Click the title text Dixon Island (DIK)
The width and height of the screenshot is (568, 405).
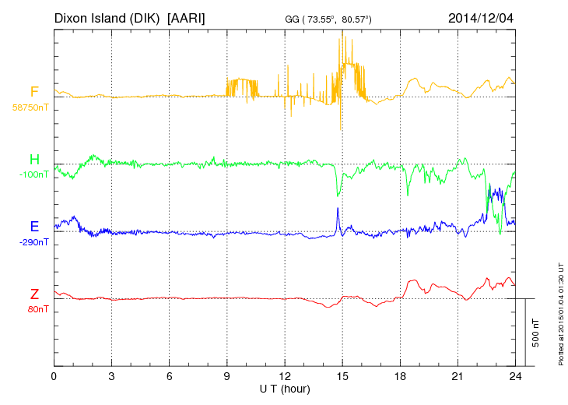107,17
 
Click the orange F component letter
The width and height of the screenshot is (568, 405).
34,92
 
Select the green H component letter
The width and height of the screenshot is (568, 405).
34,160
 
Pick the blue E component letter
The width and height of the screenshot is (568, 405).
34,227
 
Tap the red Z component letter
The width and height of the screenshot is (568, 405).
34,294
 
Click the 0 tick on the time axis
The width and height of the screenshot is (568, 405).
54,376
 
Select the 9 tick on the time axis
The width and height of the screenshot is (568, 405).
227,376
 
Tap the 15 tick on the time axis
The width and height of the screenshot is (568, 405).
342,376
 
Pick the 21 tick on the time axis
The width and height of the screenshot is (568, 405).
458,376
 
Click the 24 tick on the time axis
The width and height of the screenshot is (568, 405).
515,376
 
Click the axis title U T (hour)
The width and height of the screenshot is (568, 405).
284,388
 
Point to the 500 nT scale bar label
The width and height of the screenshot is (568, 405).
535,333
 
